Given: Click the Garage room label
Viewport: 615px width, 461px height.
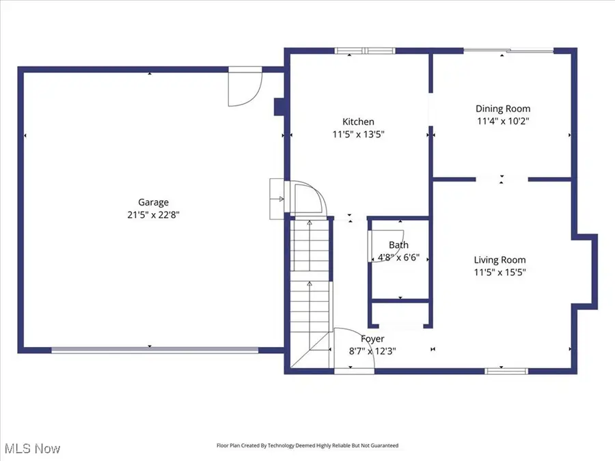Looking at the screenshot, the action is click(153, 202).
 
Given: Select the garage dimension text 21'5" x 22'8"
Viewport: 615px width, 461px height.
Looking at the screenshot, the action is click(153, 215).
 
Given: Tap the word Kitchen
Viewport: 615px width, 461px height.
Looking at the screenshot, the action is click(358, 122).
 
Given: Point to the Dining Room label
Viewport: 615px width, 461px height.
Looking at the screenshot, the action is click(503, 109).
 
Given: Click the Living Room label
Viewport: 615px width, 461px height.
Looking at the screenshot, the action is click(500, 260).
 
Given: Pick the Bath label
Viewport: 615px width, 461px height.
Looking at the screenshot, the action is click(398, 245).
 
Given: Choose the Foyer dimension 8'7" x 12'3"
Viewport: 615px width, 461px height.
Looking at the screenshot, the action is click(372, 351).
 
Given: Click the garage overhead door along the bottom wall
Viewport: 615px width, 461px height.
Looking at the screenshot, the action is click(155, 350).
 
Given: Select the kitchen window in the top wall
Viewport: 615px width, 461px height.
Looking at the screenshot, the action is click(365, 51).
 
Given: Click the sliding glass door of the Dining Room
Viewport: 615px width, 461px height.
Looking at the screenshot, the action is click(508, 50).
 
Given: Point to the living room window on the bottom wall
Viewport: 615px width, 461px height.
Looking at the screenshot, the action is click(506, 371).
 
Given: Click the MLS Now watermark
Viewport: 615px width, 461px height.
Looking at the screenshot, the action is click(33, 449).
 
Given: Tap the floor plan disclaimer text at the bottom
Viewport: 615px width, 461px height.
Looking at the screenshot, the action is click(307, 445).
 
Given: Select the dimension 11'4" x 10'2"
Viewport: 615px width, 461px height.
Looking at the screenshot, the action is click(503, 121).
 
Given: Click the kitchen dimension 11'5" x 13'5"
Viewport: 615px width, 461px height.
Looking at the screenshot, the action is click(359, 135).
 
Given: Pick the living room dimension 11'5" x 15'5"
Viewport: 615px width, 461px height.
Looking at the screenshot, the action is click(500, 273).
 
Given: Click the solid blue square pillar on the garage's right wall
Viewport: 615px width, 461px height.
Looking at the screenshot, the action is click(279, 107).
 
